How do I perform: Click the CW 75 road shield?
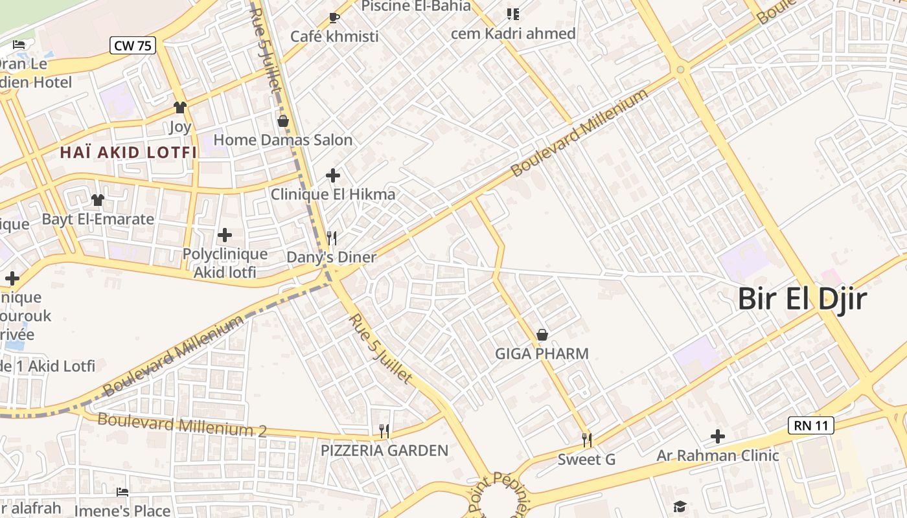[x=132, y=45]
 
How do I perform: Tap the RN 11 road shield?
[x=810, y=425]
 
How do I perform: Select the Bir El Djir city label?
[x=802, y=300]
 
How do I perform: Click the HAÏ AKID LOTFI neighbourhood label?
[x=128, y=153]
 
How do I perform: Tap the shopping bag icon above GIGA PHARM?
[x=542, y=335]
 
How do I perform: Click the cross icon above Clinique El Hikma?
[x=333, y=175]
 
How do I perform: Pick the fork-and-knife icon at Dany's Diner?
[x=332, y=238]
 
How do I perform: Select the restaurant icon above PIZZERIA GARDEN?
[x=384, y=431]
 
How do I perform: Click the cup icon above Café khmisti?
[x=334, y=17]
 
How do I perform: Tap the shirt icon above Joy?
[x=180, y=107]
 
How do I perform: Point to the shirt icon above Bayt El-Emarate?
[x=98, y=200]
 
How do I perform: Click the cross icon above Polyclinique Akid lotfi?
[x=225, y=234]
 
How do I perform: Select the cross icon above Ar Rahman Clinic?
[x=717, y=436]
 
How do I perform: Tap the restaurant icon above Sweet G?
[x=586, y=440]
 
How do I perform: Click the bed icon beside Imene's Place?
[x=122, y=492]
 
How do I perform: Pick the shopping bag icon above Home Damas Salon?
[x=283, y=121]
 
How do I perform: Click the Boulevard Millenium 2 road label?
[x=182, y=425]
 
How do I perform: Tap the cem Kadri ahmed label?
[x=513, y=34]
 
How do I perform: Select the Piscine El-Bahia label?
[x=407, y=6]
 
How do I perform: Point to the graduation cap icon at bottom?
[x=679, y=506]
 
